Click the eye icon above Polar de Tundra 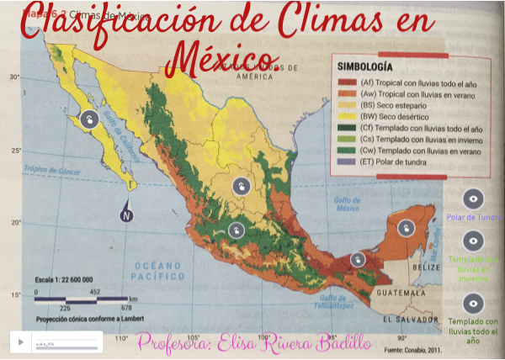point(474,199)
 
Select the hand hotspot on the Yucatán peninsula point(405,227)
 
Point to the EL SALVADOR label point(410,320)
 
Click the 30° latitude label point(14,77)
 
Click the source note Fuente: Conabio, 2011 point(412,349)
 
